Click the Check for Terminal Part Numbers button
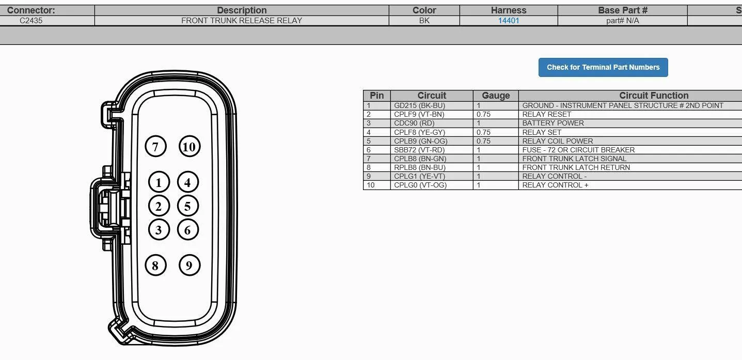click(x=603, y=67)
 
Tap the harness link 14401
click(x=509, y=21)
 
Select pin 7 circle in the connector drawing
click(x=155, y=146)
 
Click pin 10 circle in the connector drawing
click(x=190, y=146)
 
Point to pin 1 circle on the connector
click(x=159, y=182)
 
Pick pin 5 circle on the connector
click(x=188, y=206)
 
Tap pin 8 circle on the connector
click(x=155, y=265)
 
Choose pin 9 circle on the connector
click(x=190, y=265)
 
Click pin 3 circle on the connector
click(x=159, y=229)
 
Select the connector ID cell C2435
click(x=31, y=21)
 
